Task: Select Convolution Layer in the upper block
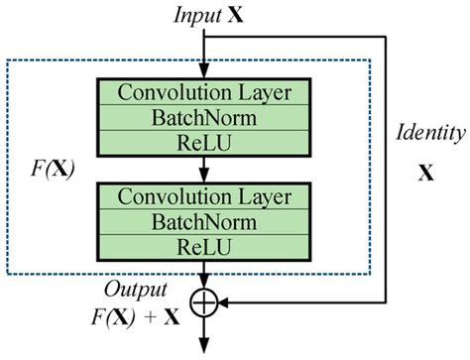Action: tap(204, 93)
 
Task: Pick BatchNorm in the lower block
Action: tap(204, 219)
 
